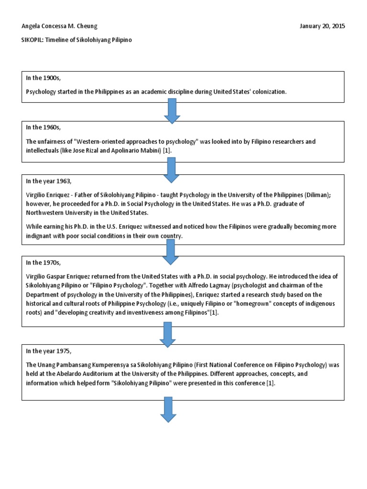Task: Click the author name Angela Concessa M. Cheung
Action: click(x=60, y=26)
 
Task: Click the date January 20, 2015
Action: click(x=322, y=26)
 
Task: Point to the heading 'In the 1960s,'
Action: click(x=43, y=128)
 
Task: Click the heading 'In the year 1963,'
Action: click(x=49, y=181)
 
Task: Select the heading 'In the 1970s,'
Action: click(x=43, y=263)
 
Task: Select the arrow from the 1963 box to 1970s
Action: click(x=171, y=252)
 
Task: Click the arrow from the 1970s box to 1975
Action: click(x=169, y=334)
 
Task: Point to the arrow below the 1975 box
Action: click(x=168, y=409)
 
